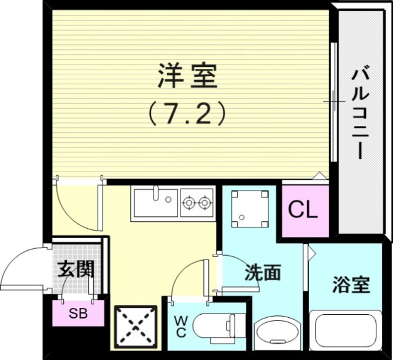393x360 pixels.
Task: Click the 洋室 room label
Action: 187,77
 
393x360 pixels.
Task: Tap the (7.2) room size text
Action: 187,114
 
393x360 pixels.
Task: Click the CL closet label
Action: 303,210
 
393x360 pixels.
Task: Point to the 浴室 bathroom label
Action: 351,285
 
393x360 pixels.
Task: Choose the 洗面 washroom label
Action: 263,272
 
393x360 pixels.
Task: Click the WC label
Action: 180,327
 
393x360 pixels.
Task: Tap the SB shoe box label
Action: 78,314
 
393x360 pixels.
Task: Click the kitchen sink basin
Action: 154,203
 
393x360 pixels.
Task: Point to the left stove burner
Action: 188,202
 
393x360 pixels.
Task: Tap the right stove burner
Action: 204,202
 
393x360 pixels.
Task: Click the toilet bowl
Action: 209,326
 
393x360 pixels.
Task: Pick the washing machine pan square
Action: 250,209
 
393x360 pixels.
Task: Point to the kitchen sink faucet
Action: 155,193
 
